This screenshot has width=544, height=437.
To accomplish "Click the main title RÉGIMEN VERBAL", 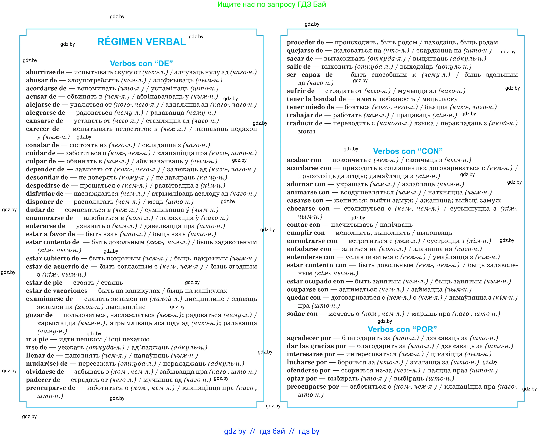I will click(141, 42).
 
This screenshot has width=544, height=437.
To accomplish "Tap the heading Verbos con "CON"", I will click(408, 151).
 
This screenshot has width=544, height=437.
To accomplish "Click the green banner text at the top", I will click(272, 5).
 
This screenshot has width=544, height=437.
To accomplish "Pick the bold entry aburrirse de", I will click(45, 72).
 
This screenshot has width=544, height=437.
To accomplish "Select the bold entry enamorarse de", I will click(49, 218).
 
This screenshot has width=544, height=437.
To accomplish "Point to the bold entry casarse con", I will click(305, 200).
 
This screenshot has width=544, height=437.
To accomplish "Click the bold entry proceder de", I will click(305, 42).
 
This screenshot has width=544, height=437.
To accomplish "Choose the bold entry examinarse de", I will click(49, 299).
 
